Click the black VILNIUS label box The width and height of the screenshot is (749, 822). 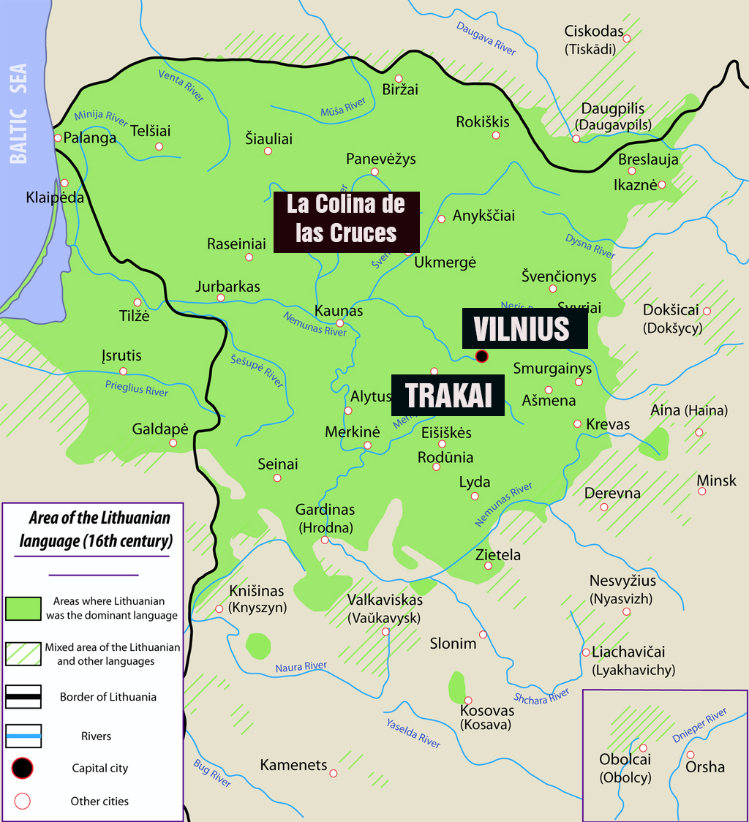point(524,329)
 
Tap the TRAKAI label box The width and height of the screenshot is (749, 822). point(448,396)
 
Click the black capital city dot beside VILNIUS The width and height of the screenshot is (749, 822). point(481,356)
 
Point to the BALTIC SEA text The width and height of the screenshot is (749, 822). point(18,113)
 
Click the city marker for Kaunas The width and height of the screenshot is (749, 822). point(339,323)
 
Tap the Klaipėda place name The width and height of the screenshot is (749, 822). point(55,197)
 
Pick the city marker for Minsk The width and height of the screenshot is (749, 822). point(702,491)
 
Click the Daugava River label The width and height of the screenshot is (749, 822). point(486,37)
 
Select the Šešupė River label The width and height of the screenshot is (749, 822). point(257,368)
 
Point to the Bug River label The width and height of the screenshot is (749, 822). point(212,772)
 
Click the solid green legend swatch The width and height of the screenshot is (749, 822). point(23,608)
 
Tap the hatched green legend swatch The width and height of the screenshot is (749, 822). point(23,653)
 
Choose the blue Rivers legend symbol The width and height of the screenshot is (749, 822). point(23,736)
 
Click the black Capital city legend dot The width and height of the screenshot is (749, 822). point(23,768)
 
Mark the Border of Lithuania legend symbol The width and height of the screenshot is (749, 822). point(23,696)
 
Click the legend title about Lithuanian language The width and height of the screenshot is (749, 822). point(99,529)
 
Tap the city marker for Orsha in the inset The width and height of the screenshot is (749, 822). point(690,755)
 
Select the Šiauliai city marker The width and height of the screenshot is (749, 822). point(268,151)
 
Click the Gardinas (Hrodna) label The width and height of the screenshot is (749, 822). point(325,518)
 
